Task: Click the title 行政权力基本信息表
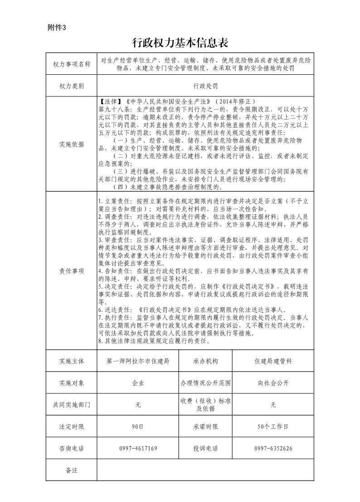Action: (180, 43)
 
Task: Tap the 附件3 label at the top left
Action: (57, 27)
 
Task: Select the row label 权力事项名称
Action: (72, 64)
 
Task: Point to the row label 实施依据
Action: (72, 144)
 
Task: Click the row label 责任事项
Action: (72, 271)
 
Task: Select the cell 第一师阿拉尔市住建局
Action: (138, 361)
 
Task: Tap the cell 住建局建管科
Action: (273, 361)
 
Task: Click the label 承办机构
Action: (205, 361)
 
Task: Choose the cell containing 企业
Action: (138, 383)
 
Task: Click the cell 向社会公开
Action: (273, 383)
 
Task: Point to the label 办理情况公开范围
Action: (205, 383)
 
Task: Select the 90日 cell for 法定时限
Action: (138, 426)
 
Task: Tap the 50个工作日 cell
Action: (273, 426)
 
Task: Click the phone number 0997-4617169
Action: (138, 448)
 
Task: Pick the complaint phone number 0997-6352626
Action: (273, 448)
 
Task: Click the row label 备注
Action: (72, 470)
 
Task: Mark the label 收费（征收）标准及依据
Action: (205, 405)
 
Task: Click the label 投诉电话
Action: (205, 448)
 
